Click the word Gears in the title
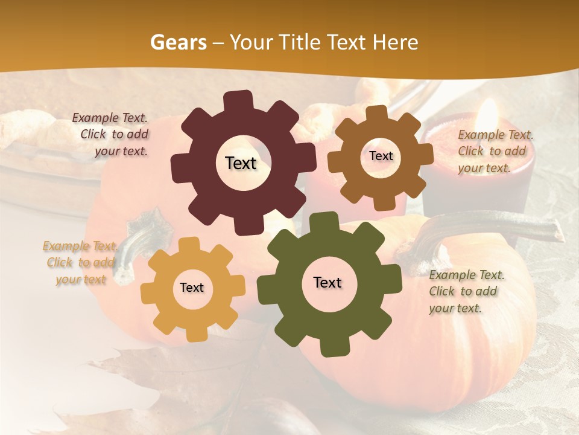coord(177,42)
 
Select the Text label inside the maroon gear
coord(241,163)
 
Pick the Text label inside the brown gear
coord(381,156)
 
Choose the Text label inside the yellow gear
coord(192,288)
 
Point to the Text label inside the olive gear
coord(327,282)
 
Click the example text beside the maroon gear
coord(112,135)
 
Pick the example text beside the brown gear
coord(495,151)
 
